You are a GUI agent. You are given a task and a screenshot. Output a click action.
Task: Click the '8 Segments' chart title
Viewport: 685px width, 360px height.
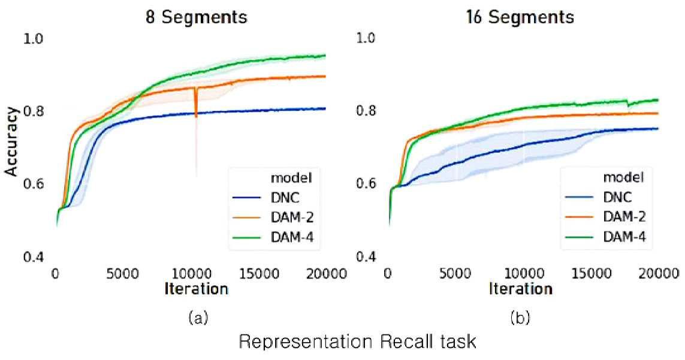tap(197, 17)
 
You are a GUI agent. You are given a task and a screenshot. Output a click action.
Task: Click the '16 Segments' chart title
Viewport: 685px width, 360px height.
tap(520, 17)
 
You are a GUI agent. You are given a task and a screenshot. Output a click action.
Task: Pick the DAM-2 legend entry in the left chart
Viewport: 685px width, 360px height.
tap(273, 217)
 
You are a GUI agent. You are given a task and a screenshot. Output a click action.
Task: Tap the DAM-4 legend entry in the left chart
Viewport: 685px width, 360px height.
tap(273, 237)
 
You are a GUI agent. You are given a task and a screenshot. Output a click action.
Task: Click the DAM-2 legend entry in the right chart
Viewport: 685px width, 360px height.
tap(605, 217)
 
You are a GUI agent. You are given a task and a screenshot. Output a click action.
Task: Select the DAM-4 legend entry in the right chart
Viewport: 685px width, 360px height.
tap(605, 237)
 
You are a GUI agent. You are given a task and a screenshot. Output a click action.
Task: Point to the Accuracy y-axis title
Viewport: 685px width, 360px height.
tap(11, 141)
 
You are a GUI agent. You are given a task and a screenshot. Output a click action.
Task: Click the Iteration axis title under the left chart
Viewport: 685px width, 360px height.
tap(197, 289)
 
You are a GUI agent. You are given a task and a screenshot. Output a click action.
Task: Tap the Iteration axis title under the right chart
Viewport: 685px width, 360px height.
tap(520, 289)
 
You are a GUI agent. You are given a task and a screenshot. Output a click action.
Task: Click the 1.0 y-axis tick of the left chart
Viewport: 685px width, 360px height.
tap(32, 38)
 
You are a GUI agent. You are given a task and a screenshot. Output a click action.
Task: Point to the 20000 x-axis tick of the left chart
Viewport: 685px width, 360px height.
tap(325, 274)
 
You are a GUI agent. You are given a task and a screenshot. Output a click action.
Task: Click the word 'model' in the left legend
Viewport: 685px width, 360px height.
tap(291, 178)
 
